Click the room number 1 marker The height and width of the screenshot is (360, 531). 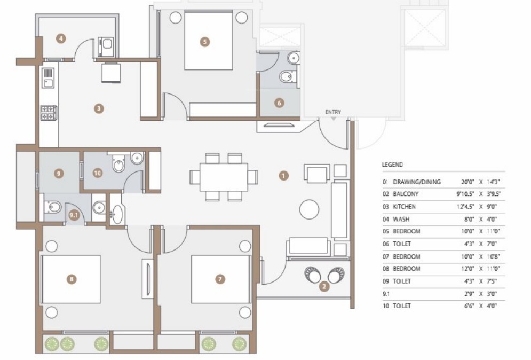tap(283, 175)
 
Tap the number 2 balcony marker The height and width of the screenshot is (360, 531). tap(323, 287)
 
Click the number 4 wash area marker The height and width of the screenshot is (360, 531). tap(62, 38)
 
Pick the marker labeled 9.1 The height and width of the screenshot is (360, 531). tap(74, 215)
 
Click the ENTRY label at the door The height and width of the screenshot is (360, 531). tap(332, 112)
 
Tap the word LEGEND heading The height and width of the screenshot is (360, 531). tap(392, 165)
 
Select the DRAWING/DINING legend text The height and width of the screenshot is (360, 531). tap(417, 182)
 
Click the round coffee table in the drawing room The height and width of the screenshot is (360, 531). tap(309, 209)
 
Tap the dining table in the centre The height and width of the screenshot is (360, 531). tap(224, 177)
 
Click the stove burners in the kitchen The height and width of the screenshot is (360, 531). tap(48, 112)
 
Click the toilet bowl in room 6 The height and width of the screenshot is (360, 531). tap(287, 77)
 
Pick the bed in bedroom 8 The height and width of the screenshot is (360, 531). tap(72, 279)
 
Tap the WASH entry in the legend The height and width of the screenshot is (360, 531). tap(401, 219)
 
